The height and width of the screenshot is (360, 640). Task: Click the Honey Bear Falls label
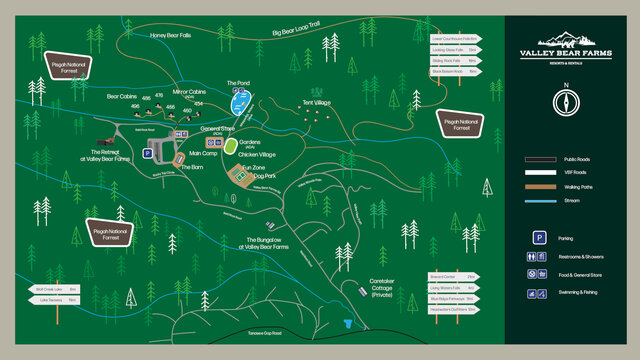tap(173, 35)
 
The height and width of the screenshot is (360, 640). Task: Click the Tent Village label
tap(316, 103)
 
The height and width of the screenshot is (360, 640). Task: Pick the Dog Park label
tap(262, 174)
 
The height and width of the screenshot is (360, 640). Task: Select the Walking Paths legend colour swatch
tap(540, 187)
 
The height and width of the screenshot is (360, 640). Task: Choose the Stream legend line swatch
tap(540, 201)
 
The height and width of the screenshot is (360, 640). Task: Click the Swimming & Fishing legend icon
tap(539, 293)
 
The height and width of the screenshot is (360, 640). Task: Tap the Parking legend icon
tap(539, 238)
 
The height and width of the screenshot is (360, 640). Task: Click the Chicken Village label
tap(257, 155)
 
